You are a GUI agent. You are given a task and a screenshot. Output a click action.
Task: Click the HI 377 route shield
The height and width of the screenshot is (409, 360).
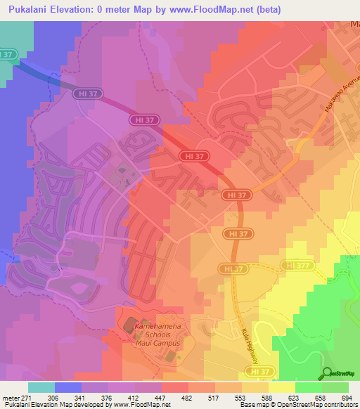[x=295, y=265]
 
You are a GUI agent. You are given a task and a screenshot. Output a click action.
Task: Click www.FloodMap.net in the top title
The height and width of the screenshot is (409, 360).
[x=212, y=9]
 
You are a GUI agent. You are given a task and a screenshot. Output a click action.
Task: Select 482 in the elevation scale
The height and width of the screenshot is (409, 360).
[x=186, y=398]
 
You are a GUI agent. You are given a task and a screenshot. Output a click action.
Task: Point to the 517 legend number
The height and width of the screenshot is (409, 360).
[x=213, y=398]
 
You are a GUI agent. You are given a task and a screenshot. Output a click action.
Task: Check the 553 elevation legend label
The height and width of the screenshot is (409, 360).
[x=240, y=398]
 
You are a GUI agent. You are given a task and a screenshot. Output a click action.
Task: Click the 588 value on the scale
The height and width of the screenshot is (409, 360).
[x=266, y=398]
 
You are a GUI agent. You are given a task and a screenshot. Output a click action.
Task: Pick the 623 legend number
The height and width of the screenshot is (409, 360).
[x=293, y=398]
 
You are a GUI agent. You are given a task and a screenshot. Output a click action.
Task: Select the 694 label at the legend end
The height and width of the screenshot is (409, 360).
[x=345, y=398]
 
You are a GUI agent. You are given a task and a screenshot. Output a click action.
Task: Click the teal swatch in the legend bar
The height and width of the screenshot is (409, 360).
[x=41, y=387]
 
